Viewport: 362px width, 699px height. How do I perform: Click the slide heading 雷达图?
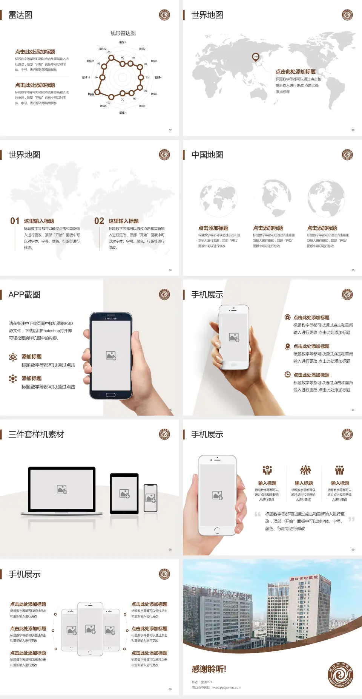[20, 15]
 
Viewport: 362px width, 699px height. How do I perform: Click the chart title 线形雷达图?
[123, 33]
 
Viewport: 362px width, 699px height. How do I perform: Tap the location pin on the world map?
[256, 57]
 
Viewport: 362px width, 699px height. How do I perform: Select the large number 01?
[15, 221]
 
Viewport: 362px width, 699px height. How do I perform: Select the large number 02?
[99, 221]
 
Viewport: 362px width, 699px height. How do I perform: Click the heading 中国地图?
[207, 155]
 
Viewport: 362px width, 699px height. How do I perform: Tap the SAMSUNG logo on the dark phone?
[111, 319]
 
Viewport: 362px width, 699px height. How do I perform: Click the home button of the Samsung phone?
[110, 395]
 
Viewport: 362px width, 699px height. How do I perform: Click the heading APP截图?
[24, 295]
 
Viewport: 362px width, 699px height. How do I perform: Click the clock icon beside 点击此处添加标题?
[287, 374]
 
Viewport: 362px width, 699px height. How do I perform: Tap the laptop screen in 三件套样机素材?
[62, 489]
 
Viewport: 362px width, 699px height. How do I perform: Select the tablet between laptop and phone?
[124, 493]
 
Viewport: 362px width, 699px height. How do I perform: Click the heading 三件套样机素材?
[36, 435]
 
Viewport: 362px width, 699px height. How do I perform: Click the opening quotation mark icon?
[258, 514]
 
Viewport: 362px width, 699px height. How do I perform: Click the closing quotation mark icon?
[351, 519]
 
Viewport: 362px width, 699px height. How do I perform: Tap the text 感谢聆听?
[209, 669]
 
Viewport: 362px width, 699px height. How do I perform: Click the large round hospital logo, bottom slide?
[341, 674]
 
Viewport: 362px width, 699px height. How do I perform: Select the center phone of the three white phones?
[90, 629]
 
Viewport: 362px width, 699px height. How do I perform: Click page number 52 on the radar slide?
[170, 130]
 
